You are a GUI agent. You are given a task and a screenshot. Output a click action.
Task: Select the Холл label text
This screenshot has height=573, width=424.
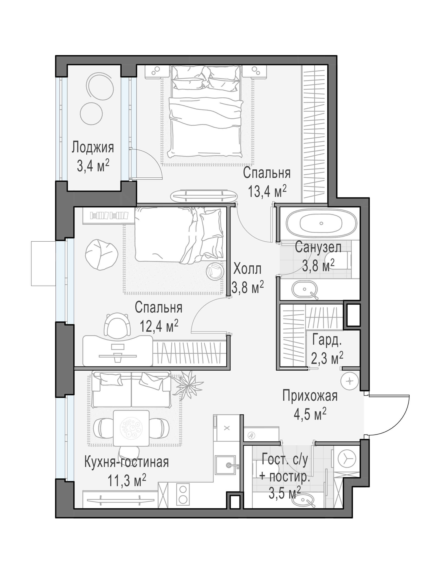click(x=247, y=269)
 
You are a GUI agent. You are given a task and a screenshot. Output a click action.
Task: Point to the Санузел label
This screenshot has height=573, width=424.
click(x=318, y=247)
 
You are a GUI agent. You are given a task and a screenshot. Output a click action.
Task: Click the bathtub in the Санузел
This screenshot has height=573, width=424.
click(x=321, y=223)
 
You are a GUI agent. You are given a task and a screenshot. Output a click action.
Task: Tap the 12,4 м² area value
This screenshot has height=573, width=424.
click(x=159, y=326)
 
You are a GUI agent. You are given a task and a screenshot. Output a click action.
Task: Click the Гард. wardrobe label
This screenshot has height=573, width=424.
click(x=327, y=340)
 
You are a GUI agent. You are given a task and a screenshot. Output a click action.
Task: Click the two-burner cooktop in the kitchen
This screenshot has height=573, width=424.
click(x=183, y=494)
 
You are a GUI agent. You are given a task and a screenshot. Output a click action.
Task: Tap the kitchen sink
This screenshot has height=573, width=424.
click(x=225, y=465)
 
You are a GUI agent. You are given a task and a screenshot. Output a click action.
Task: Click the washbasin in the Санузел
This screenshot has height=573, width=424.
click(x=305, y=289)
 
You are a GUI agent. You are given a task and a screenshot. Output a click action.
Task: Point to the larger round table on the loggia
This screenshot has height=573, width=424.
click(x=100, y=86)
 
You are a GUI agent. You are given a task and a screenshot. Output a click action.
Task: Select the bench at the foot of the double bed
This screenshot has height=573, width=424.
click(x=204, y=196)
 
